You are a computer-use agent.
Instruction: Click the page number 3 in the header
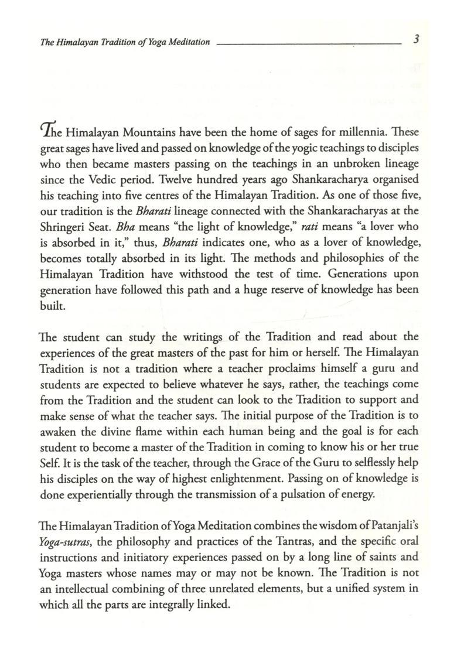[x=415, y=39]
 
